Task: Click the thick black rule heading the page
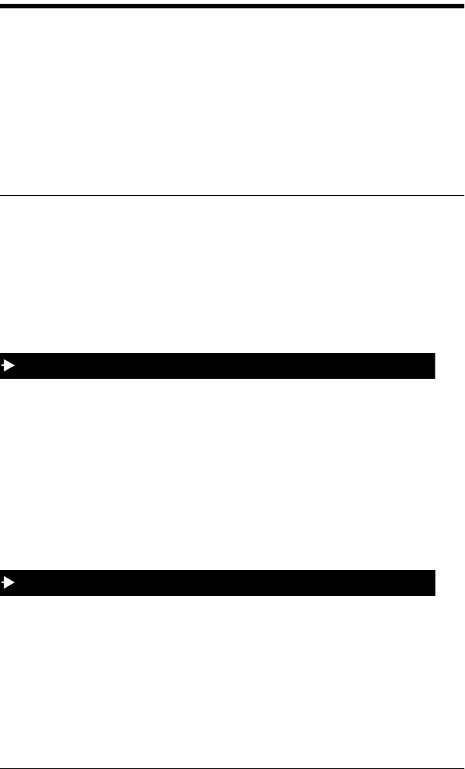[x=232, y=5]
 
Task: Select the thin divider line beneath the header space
[x=232, y=195]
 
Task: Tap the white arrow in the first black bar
[x=8, y=366]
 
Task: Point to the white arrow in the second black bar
[x=8, y=583]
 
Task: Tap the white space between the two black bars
[x=232, y=474]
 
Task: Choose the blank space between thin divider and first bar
[x=232, y=273]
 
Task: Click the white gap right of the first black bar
[x=450, y=366]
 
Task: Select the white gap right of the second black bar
[x=450, y=583]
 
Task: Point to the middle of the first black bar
[x=218, y=366]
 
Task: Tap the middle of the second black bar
[x=218, y=583]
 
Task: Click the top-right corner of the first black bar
[x=434, y=354]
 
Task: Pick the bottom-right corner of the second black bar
[x=434, y=594]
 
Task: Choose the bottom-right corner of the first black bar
[x=434, y=377]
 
